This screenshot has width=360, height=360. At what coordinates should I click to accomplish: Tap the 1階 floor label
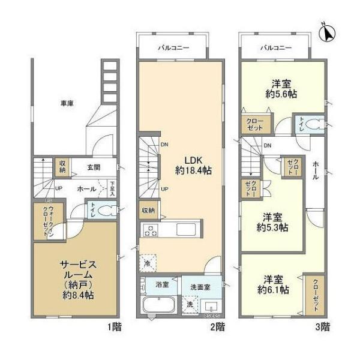pyautogui.click(x=115, y=327)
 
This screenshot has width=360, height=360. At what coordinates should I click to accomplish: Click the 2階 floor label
pyautogui.click(x=217, y=327)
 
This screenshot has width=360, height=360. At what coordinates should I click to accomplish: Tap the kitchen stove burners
pyautogui.click(x=150, y=229)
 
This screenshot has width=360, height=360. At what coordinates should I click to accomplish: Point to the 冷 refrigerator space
pyautogui.click(x=147, y=262)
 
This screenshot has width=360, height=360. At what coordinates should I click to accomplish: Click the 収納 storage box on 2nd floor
pyautogui.click(x=148, y=211)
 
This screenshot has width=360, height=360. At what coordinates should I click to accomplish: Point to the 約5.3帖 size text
pyautogui.click(x=274, y=227)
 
